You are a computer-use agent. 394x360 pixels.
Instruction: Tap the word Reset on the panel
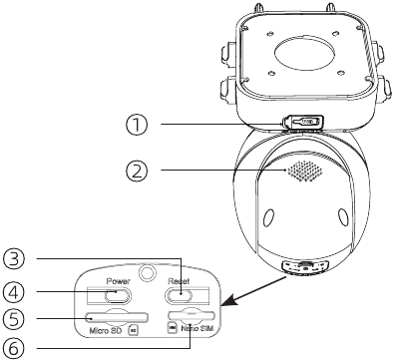coord(180,282)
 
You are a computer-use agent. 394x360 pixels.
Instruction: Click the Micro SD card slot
coord(117,315)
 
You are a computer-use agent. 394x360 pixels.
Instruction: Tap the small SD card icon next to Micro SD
coord(133,328)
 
